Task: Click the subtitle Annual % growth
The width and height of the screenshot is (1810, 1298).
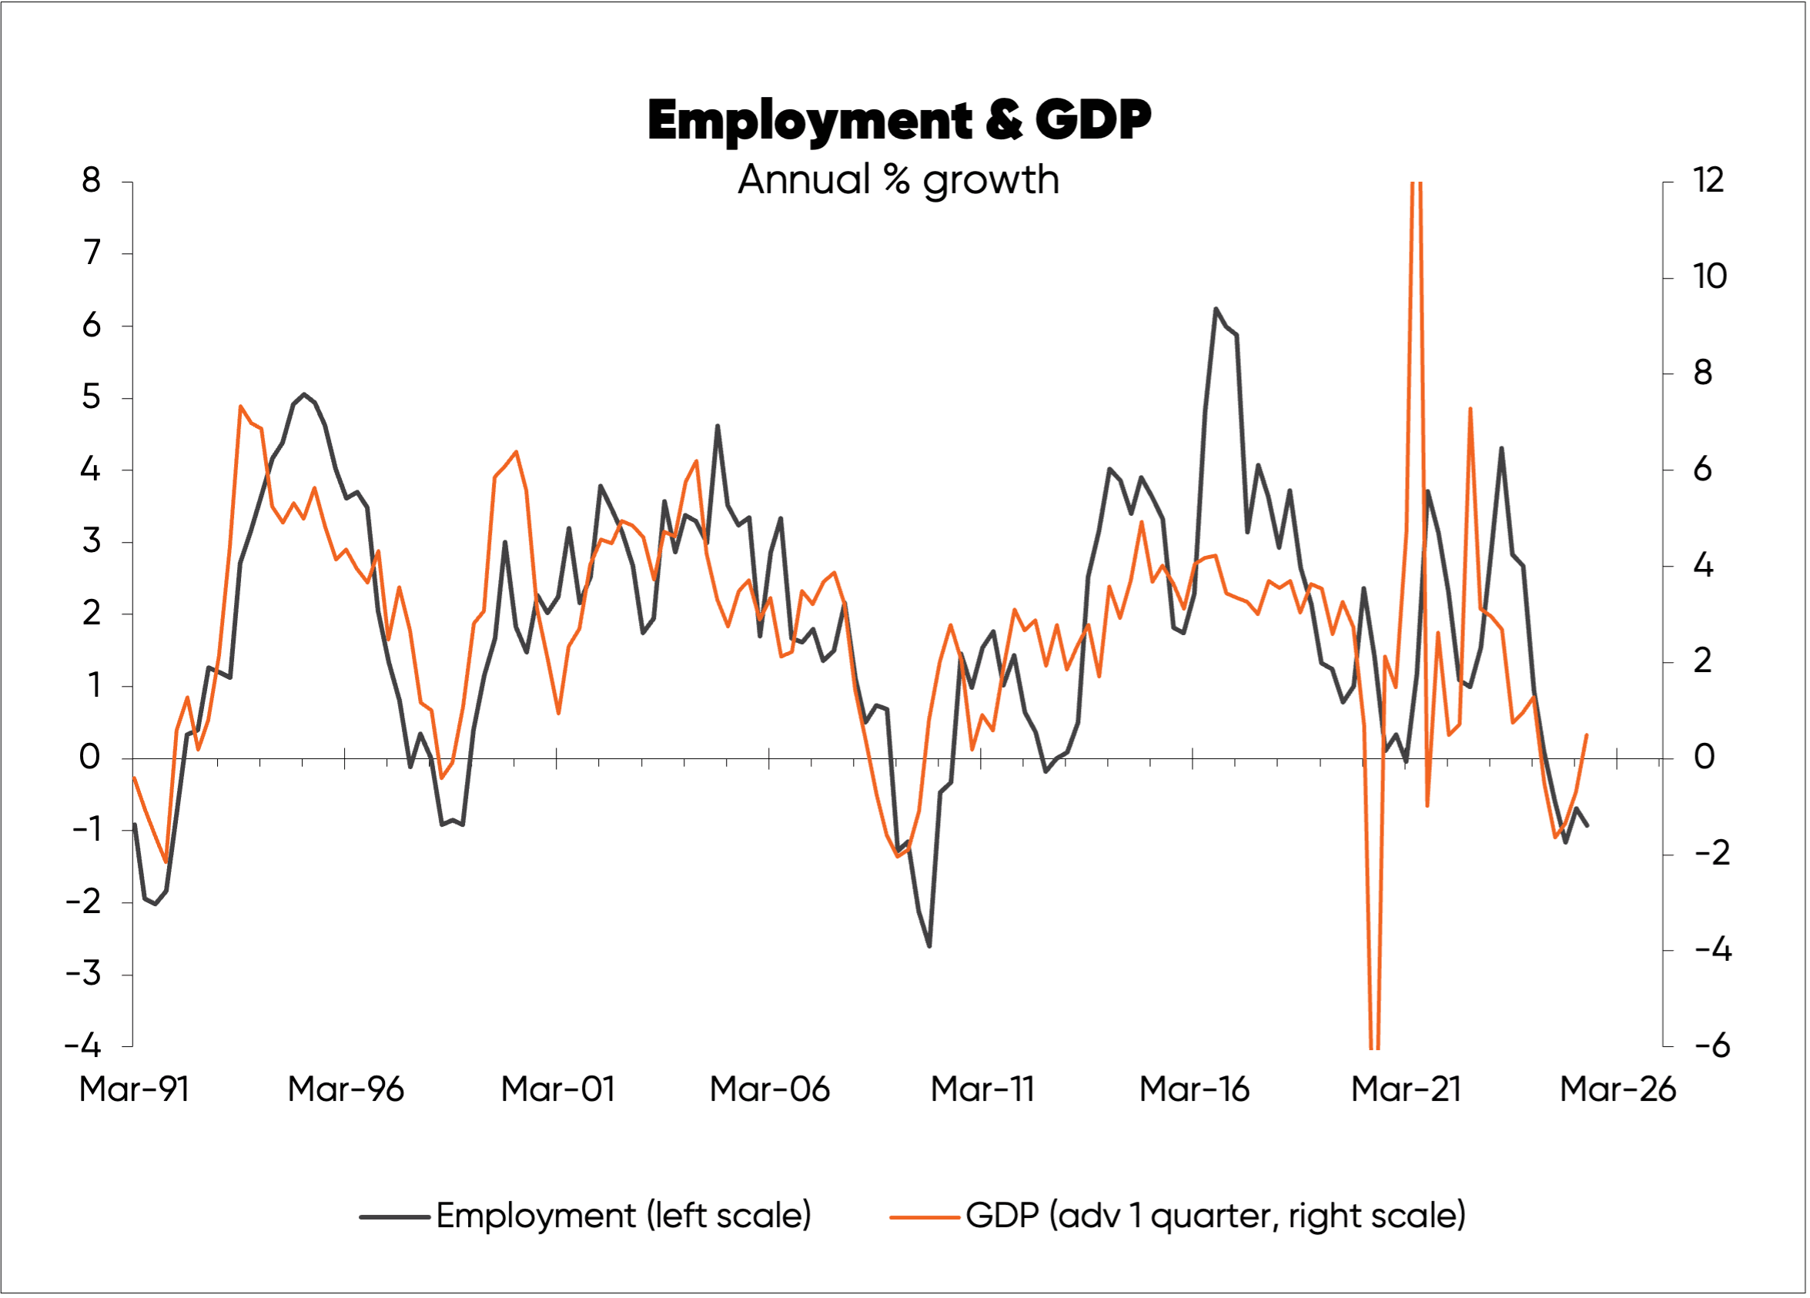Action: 898,180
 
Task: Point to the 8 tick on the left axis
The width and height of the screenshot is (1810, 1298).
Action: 91,181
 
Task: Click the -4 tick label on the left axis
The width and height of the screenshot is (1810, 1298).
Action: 83,1045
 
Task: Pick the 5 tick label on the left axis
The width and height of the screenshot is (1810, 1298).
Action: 91,397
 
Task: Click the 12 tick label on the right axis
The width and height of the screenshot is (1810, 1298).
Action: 1708,181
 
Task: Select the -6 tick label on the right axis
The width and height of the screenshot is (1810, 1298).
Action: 1711,1045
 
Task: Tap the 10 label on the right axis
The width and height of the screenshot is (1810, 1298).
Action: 1708,277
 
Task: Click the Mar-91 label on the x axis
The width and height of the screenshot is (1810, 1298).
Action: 134,1089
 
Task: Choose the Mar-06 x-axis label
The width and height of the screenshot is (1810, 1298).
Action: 769,1089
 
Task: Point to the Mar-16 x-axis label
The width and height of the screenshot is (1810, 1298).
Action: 1194,1089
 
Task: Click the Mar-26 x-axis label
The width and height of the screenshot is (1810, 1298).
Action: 1618,1089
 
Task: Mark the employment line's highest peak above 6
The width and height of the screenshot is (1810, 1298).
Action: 1216,309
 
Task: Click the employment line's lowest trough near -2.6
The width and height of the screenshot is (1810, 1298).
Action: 930,946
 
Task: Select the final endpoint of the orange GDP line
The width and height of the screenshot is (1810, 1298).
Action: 1587,735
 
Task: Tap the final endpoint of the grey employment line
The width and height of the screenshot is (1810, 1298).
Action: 1587,825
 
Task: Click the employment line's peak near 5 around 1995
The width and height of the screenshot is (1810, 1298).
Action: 303,394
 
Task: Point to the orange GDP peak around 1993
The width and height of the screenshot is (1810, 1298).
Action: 240,406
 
